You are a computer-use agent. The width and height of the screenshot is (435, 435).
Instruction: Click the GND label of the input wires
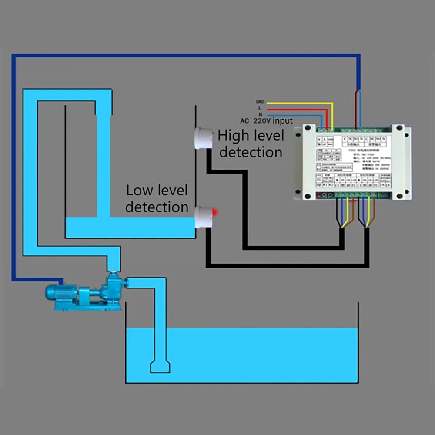260,101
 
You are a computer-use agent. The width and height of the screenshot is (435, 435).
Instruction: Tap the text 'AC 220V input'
266,121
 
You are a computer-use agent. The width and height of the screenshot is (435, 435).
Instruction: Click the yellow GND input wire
300,103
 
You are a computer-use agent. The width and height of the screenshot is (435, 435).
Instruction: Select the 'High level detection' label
251,144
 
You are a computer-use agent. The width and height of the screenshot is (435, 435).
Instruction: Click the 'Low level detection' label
157,198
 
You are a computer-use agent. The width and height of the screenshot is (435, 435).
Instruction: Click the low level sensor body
203,217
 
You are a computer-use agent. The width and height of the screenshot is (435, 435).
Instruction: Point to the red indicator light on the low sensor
214,212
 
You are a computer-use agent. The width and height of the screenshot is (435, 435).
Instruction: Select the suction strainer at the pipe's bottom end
160,366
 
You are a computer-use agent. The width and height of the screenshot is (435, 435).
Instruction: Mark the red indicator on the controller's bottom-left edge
320,196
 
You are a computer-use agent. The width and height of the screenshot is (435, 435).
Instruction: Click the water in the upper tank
130,228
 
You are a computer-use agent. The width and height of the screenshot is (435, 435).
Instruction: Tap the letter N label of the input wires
261,114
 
